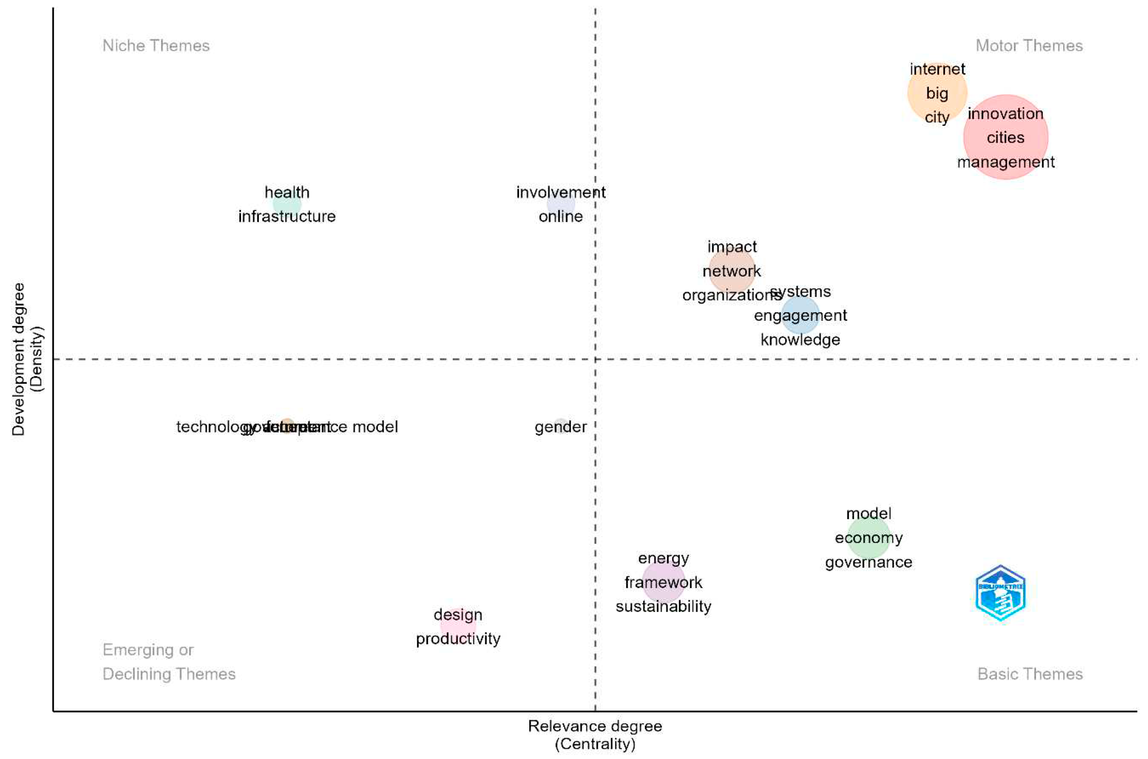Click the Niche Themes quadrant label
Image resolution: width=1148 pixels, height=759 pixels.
[x=156, y=46]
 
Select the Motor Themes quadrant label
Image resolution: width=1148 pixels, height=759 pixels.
[x=1029, y=46]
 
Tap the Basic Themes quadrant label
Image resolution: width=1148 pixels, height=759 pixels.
[x=1030, y=674]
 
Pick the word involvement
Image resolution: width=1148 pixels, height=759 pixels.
[x=560, y=192]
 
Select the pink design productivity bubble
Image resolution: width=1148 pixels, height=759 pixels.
[x=458, y=625]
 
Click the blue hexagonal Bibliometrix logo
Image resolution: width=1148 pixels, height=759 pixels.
[x=1000, y=593]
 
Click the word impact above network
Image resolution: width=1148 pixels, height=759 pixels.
[x=732, y=247]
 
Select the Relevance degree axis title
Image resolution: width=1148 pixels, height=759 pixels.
[x=595, y=726]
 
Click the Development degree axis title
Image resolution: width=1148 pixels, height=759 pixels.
[x=18, y=359]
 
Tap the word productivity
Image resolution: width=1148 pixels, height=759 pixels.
[x=458, y=639]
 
